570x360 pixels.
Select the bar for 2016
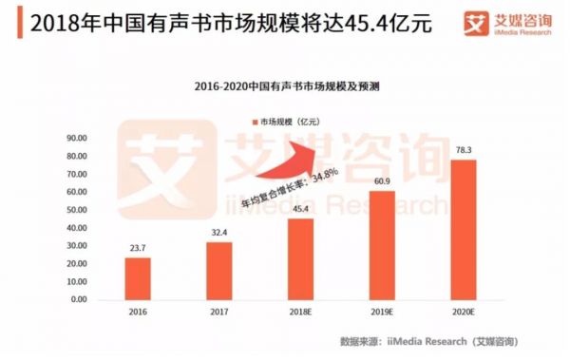(x=138, y=278)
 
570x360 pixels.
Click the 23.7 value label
(x=138, y=250)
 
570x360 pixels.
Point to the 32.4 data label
(x=218, y=234)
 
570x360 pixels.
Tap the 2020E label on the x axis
(x=465, y=311)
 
